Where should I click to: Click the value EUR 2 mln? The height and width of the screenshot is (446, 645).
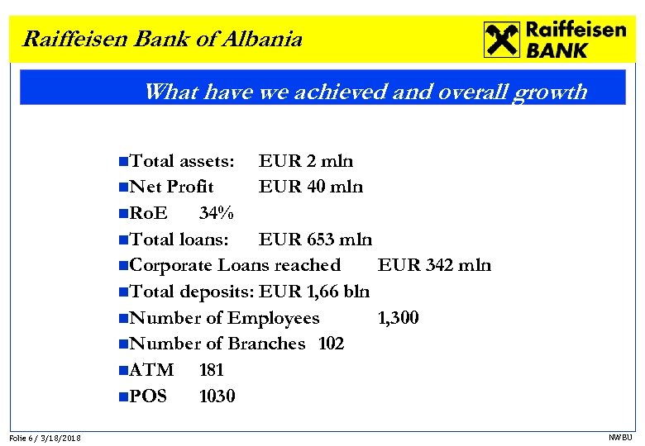click(x=306, y=160)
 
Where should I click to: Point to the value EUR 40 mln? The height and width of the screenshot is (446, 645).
click(x=311, y=187)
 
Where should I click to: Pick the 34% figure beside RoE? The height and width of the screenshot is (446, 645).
click(x=217, y=213)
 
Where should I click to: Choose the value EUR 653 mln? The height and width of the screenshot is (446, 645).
click(x=316, y=240)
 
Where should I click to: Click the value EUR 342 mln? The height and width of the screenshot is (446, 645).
click(x=434, y=265)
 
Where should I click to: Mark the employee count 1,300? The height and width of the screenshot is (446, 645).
click(x=398, y=318)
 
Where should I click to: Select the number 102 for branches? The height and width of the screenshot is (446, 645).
click(x=331, y=344)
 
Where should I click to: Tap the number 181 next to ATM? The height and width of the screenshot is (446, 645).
click(x=212, y=370)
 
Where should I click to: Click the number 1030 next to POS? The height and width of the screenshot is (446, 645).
click(x=217, y=396)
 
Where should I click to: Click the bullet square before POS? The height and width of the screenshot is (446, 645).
click(x=123, y=397)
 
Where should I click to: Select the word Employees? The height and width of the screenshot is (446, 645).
click(x=273, y=318)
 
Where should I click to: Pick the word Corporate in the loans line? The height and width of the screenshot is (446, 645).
click(x=171, y=265)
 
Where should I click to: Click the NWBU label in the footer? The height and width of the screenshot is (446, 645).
click(x=619, y=437)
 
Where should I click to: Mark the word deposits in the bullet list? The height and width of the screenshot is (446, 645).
click(x=219, y=292)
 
